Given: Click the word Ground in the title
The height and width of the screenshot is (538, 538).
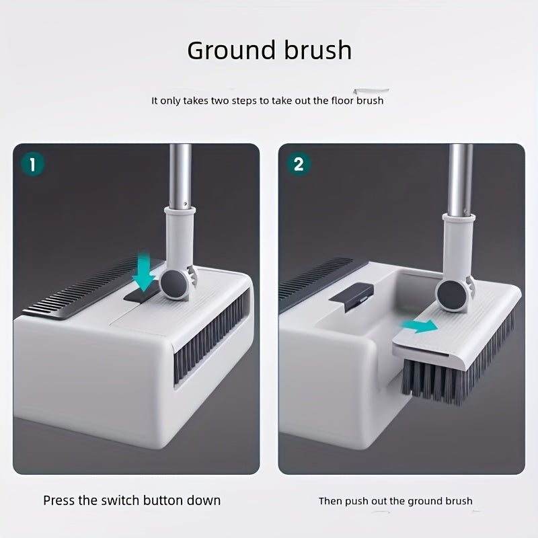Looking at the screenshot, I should coord(229,50).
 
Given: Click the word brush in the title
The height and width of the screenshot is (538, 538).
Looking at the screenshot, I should coord(316,50).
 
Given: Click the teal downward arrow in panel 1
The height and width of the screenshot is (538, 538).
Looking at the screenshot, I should coord(143,271).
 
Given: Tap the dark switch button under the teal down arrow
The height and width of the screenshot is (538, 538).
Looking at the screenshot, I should coord(143,296).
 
